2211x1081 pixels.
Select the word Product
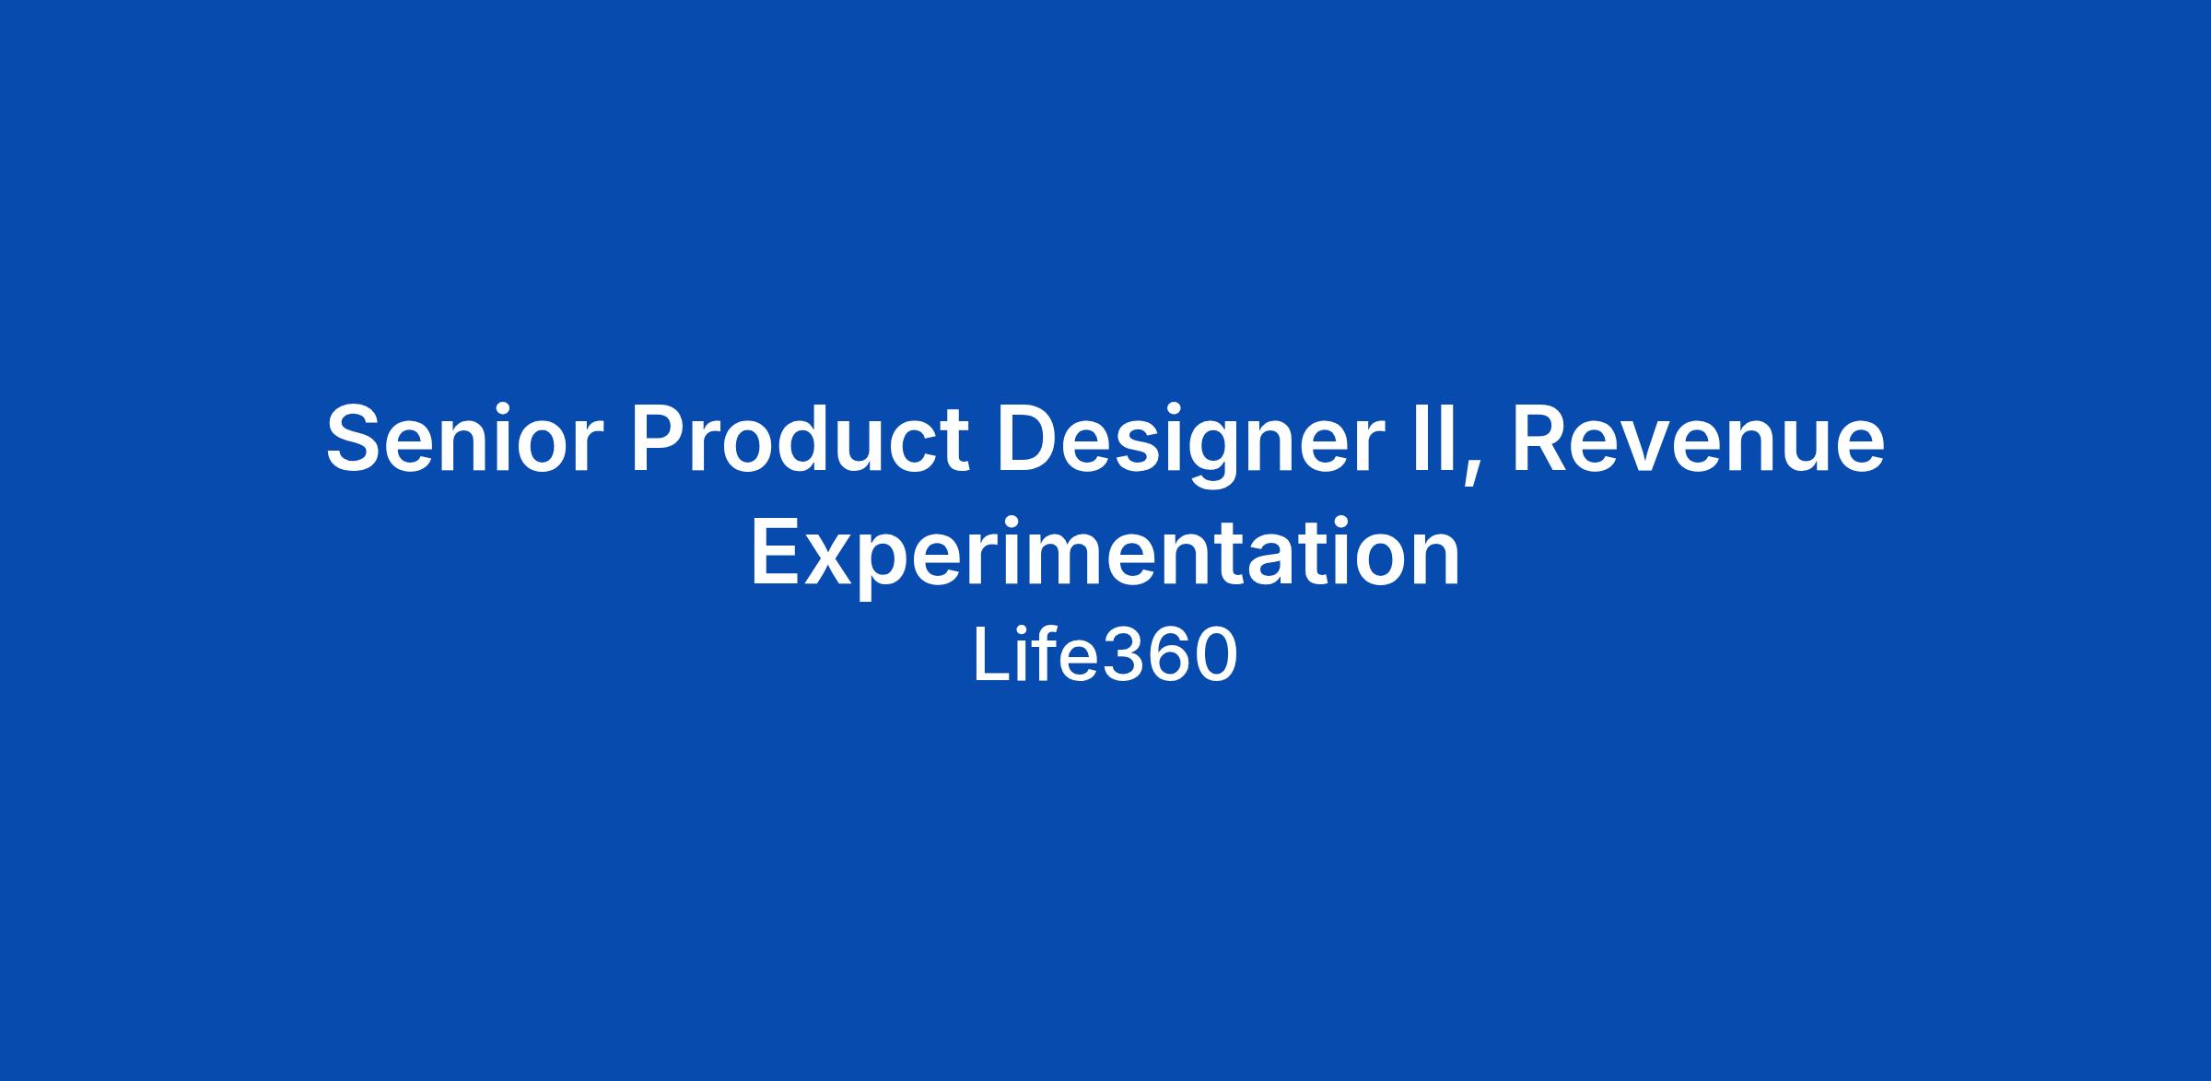coord(799,439)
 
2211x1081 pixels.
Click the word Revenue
coord(1699,440)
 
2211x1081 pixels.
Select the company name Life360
coord(1105,655)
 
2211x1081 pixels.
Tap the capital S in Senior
coord(354,440)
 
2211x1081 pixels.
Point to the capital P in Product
coord(657,440)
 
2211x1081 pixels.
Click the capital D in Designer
coord(1026,440)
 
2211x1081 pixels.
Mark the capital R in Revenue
coord(1540,440)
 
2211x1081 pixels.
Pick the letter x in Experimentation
coord(828,560)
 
